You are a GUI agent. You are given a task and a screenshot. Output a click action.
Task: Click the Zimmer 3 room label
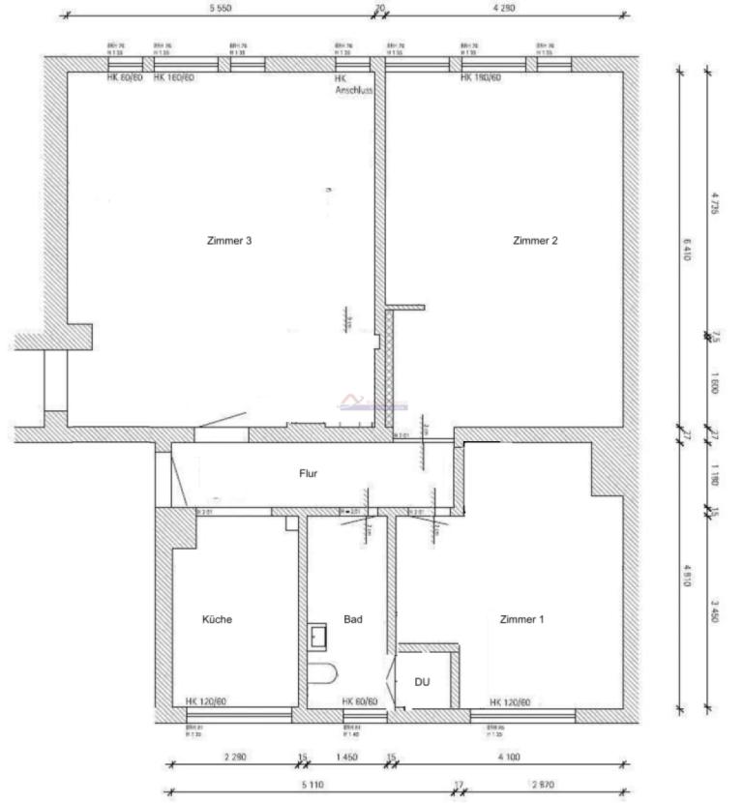coord(229,241)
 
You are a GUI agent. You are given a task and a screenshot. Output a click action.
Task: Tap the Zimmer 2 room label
coord(535,241)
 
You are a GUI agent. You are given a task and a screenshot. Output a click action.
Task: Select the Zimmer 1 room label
coord(521,619)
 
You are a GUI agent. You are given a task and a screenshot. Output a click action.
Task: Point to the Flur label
coord(309,474)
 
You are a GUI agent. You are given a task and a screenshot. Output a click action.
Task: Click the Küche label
coord(218,619)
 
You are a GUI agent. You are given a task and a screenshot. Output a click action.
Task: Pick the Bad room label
coord(353,619)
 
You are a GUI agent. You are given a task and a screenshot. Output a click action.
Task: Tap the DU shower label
coord(423,682)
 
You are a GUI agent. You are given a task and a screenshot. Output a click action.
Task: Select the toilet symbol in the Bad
coord(321,673)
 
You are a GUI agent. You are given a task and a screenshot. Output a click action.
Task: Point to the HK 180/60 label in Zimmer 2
coord(481,77)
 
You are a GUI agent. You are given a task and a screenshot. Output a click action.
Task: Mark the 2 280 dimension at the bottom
coord(234,757)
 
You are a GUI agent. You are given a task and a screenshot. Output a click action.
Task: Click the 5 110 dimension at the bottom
coord(312,786)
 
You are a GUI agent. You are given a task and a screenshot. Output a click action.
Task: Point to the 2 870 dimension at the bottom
coord(542,786)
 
